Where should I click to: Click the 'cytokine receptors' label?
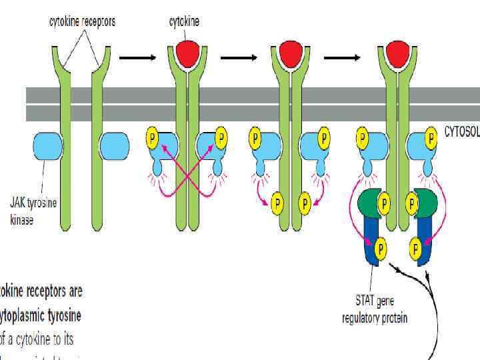[x=82, y=21]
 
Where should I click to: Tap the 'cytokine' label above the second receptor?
[x=184, y=21]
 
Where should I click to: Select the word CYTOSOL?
[x=461, y=131]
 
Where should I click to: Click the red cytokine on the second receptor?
[x=187, y=53]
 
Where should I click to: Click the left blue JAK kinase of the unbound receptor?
[x=47, y=146]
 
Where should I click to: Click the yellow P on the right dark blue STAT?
[x=416, y=249]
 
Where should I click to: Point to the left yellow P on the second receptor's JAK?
[x=151, y=139]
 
